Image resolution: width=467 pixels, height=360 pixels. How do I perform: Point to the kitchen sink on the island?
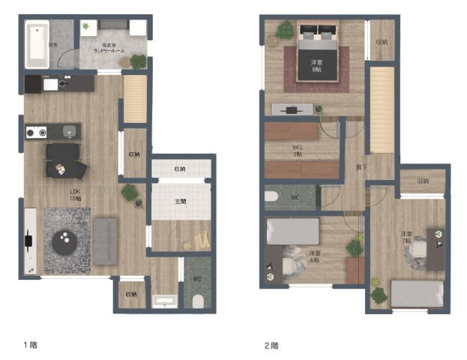click(70, 132)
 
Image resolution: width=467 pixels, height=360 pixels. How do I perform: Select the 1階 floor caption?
click(30, 346)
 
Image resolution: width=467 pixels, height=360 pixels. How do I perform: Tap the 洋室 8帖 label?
click(317, 65)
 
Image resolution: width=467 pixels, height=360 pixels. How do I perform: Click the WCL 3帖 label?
click(298, 150)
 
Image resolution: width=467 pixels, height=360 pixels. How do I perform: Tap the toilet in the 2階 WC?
click(274, 198)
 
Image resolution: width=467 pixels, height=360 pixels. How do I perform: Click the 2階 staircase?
click(382, 109)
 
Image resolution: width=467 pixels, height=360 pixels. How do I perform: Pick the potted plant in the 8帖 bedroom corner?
click(285, 31)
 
